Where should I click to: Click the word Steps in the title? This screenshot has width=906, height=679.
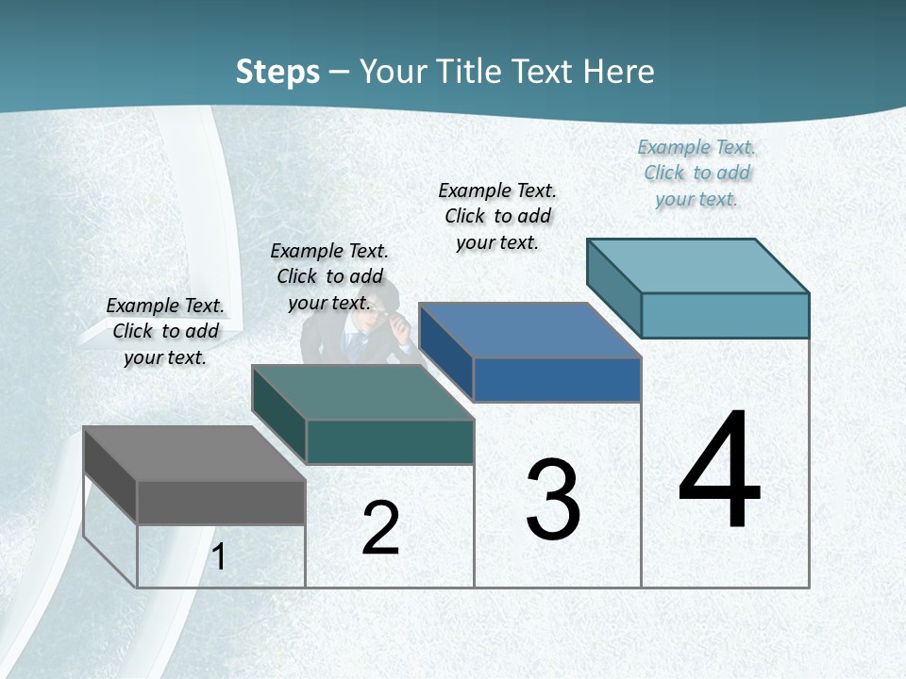point(277,72)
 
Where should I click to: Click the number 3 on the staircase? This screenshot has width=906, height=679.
point(553,500)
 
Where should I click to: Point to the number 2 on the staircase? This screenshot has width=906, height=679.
point(380,528)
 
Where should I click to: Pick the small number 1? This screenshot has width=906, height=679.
point(219,557)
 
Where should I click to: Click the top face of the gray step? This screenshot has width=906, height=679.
point(193,454)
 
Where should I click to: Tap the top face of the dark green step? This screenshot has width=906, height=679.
point(362,392)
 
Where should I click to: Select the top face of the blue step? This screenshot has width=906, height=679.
point(529,330)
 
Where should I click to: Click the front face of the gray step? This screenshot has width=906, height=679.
point(221,503)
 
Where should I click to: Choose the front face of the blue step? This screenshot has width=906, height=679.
point(557,379)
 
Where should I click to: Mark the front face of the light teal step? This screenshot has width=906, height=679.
point(725,315)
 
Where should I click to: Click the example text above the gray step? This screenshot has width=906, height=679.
point(165,331)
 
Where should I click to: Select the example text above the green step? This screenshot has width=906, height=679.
point(329,276)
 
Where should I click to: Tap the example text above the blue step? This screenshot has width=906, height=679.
point(497,216)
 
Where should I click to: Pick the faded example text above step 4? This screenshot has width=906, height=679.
point(696,173)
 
